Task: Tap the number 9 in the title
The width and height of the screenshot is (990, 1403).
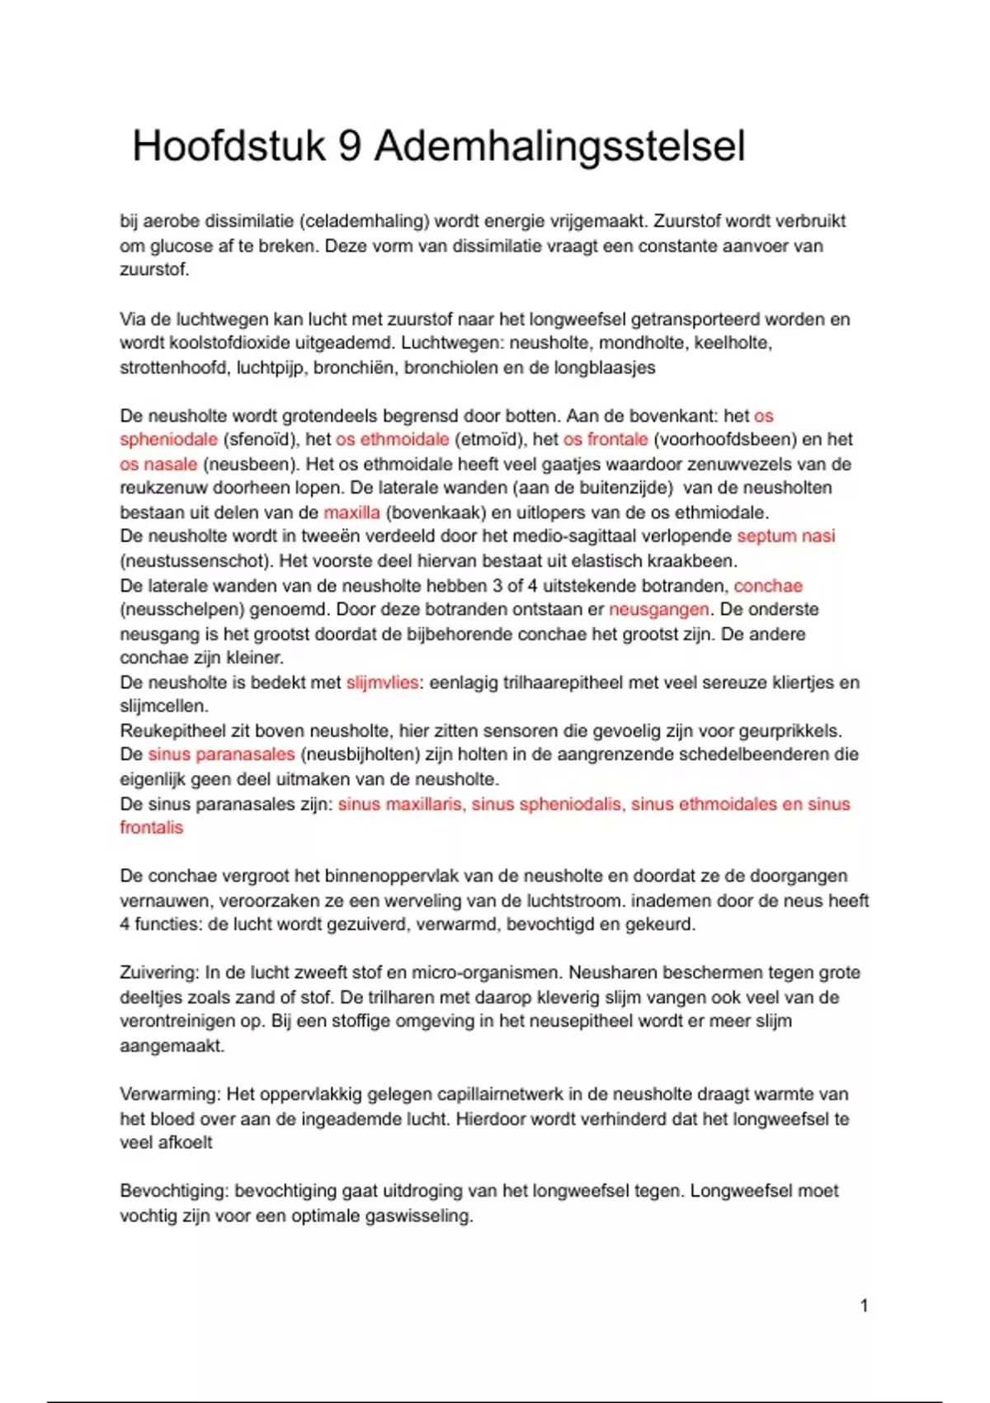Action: tap(350, 147)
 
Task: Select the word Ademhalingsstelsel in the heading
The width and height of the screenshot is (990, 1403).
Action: tap(559, 147)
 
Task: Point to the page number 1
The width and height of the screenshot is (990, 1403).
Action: tap(864, 1306)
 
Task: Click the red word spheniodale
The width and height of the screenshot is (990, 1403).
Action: tap(168, 440)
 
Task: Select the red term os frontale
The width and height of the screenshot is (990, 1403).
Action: tap(606, 440)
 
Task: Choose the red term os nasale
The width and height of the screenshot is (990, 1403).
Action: tap(158, 464)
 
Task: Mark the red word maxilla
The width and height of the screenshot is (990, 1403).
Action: tap(351, 513)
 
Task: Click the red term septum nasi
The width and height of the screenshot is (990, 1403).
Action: tap(785, 536)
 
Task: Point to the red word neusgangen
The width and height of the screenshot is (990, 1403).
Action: tap(658, 610)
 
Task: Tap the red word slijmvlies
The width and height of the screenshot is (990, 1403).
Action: tap(382, 683)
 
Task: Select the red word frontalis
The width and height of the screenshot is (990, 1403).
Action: tap(151, 828)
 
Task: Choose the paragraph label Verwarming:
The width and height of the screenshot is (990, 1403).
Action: tap(170, 1094)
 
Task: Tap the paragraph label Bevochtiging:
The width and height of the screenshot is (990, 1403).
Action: tap(174, 1191)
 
